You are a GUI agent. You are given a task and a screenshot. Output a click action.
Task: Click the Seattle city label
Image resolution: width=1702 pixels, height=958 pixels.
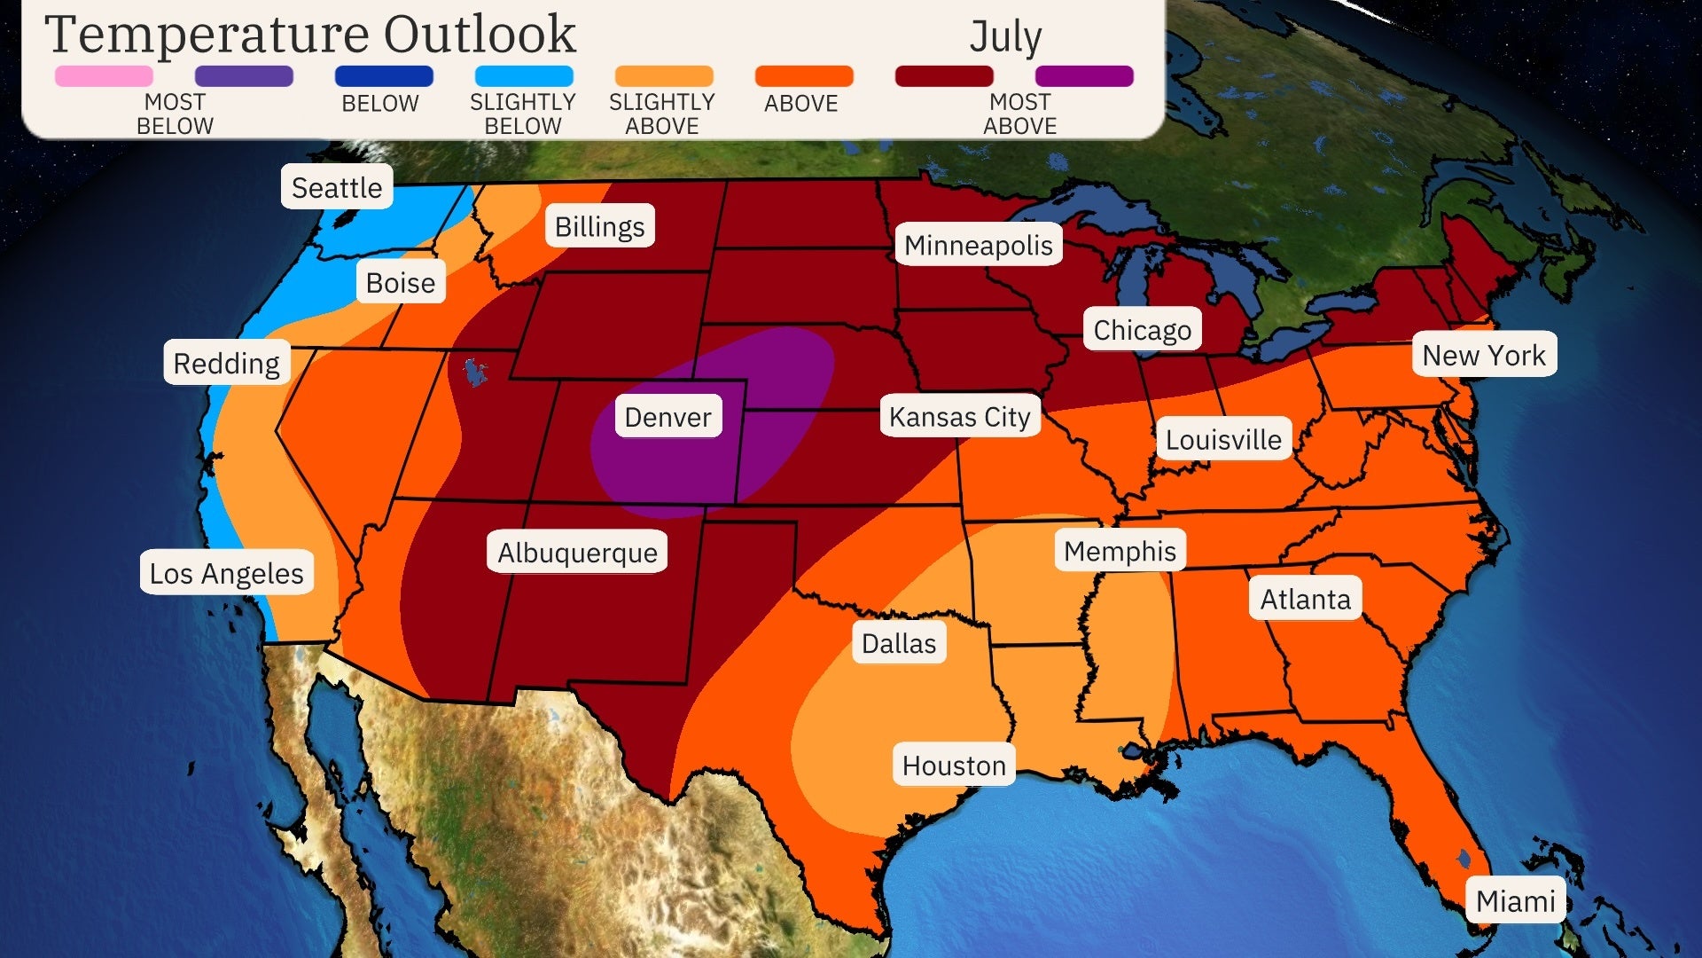pyautogui.click(x=337, y=187)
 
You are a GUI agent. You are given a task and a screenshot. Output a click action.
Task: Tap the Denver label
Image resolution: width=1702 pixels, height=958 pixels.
pyautogui.click(x=668, y=417)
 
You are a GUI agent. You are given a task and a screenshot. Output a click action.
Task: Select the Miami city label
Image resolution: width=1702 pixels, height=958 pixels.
pyautogui.click(x=1515, y=901)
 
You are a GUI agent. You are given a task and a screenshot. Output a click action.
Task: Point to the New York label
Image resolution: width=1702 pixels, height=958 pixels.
pyautogui.click(x=1483, y=355)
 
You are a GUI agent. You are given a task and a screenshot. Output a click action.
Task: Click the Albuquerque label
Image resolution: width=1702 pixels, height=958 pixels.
pyautogui.click(x=577, y=553)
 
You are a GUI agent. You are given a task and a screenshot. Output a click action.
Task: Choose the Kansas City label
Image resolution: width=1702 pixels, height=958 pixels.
pyautogui.click(x=959, y=416)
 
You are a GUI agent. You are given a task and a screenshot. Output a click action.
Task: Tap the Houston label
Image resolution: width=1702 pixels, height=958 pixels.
pyautogui.click(x=954, y=766)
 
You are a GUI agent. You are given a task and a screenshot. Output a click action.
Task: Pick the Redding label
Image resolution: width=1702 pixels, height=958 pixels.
pyautogui.click(x=226, y=363)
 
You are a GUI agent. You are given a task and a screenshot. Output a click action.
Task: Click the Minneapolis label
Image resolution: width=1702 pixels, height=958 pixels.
pyautogui.click(x=978, y=245)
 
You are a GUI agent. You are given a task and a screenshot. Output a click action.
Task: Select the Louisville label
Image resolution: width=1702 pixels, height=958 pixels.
pyautogui.click(x=1222, y=439)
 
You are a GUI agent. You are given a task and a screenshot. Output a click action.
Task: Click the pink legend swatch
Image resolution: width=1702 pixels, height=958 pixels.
pyautogui.click(x=104, y=76)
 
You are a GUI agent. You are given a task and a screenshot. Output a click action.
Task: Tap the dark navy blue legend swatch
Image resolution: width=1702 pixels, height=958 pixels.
pyautogui.click(x=384, y=76)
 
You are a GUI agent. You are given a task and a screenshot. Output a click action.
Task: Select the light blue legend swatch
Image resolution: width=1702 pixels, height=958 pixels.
pyautogui.click(x=523, y=76)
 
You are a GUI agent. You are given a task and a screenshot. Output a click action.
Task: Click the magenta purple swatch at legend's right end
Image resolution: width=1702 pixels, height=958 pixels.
pyautogui.click(x=1083, y=76)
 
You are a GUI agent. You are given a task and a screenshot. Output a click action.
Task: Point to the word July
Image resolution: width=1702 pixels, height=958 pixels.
pyautogui.click(x=1005, y=37)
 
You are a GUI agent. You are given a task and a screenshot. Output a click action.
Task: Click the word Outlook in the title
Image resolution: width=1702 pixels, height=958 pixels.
pyautogui.click(x=479, y=35)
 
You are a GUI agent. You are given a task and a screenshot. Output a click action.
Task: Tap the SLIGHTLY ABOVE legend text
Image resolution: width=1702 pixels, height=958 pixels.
pyautogui.click(x=662, y=114)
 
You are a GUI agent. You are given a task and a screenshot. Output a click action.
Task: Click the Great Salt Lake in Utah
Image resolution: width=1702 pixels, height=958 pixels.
pyautogui.click(x=476, y=371)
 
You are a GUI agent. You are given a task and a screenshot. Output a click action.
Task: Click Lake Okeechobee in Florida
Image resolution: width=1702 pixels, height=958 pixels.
pyautogui.click(x=1464, y=858)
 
